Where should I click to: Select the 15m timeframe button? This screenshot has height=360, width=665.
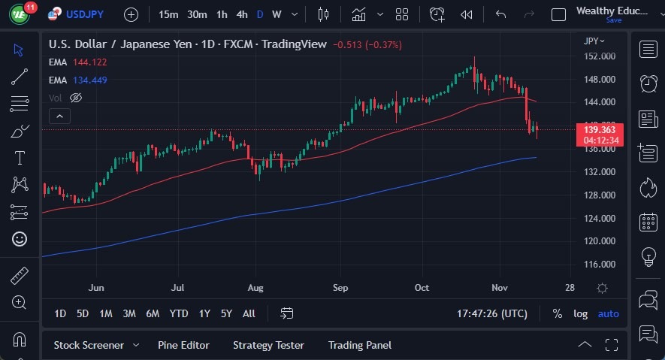[169, 14]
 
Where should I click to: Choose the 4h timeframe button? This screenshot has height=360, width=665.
[242, 14]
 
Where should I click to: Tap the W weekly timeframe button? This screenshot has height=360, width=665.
[277, 14]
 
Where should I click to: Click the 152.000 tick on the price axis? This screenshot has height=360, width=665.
[600, 56]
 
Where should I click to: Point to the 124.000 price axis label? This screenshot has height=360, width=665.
[600, 219]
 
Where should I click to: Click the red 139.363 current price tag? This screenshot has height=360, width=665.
[599, 130]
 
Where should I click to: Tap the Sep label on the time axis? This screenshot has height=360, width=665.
[340, 287]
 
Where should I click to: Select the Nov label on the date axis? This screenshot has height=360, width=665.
[500, 287]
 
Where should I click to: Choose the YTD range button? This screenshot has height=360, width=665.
[179, 313]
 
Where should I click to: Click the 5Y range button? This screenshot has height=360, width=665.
[227, 313]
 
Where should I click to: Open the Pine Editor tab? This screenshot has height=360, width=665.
[183, 345]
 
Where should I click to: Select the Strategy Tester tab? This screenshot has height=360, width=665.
[268, 345]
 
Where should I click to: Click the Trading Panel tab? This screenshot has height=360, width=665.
[360, 345]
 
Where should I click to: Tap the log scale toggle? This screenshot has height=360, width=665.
[581, 313]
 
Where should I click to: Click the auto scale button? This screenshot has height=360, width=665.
[609, 313]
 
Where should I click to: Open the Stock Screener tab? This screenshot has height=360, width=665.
[89, 345]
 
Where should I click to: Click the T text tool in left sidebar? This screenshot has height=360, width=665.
[20, 158]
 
